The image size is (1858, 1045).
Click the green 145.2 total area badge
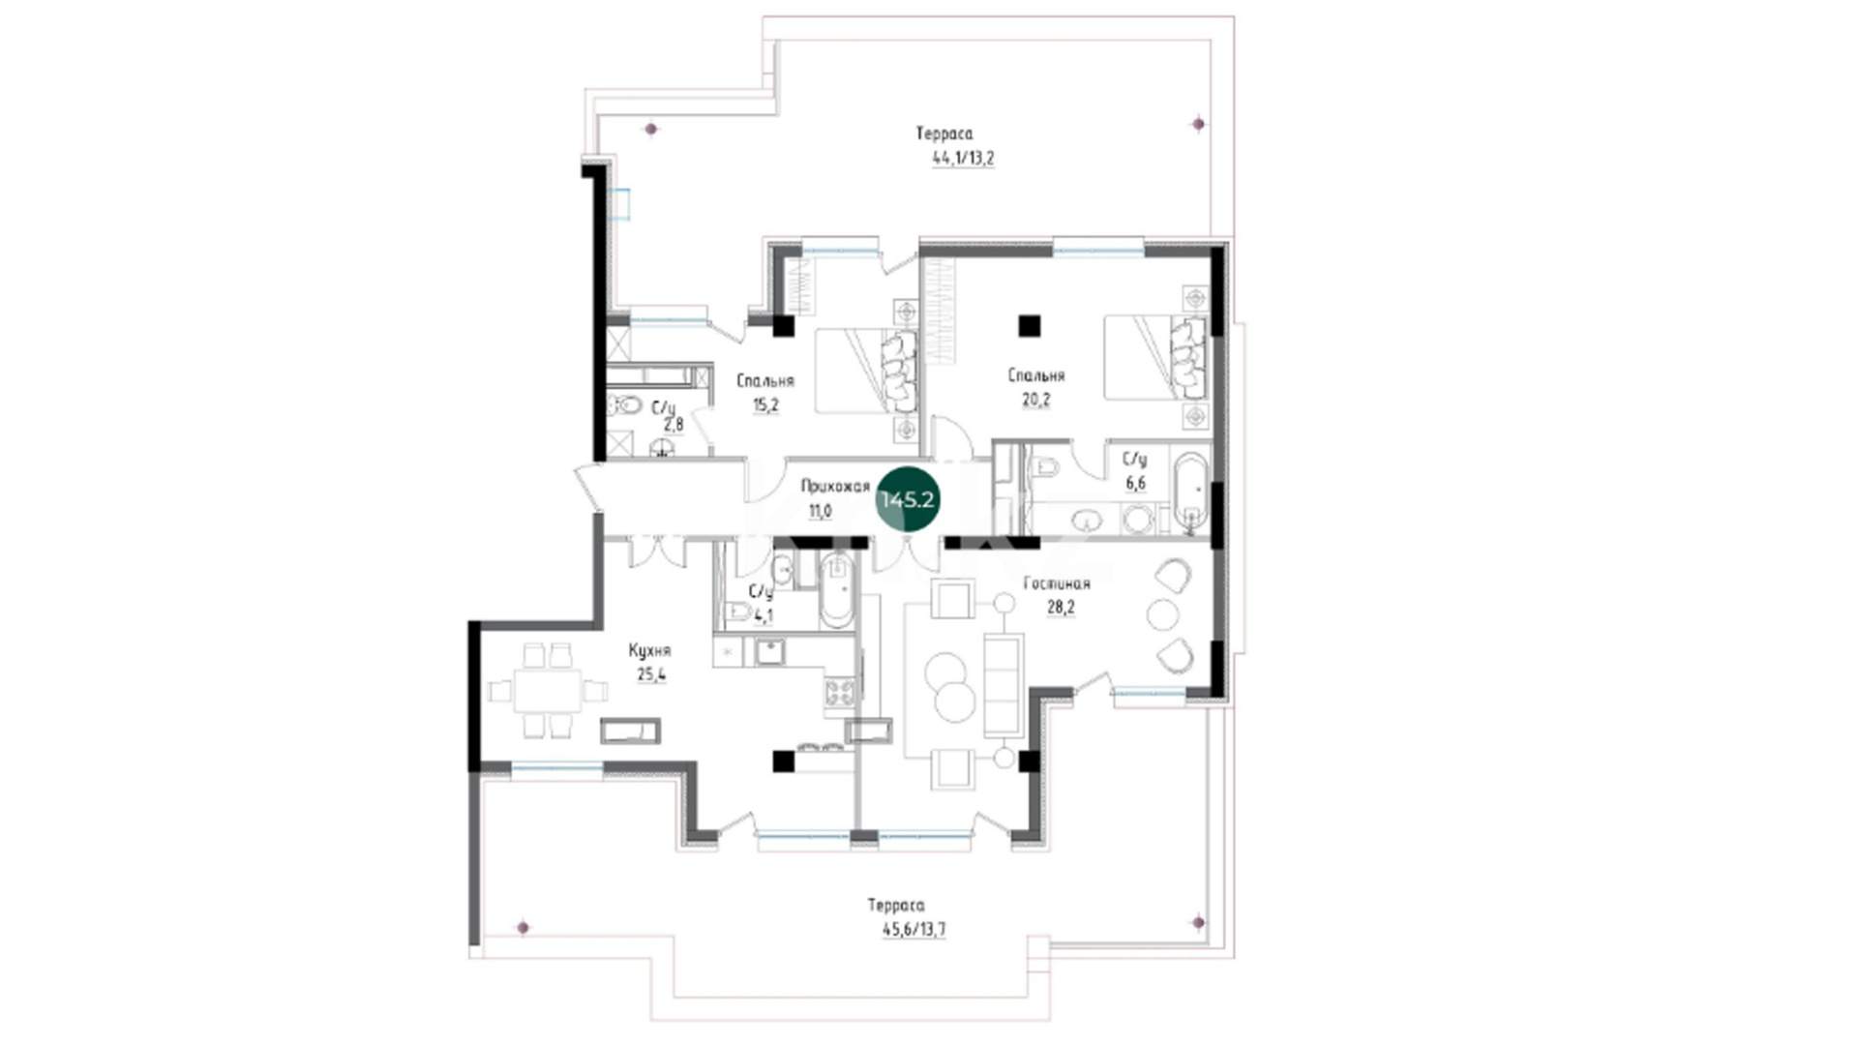coord(907,499)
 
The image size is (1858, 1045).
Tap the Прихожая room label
coord(835,487)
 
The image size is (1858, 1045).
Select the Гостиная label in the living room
coord(1057,583)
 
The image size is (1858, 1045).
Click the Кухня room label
coord(649,651)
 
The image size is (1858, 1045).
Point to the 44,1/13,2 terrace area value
coord(963,159)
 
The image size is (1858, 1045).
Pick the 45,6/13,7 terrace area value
coord(914,931)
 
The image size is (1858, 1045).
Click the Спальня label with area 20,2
coord(1035,375)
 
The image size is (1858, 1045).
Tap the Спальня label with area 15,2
coord(764,381)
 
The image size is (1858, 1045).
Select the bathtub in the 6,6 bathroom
coord(1191,493)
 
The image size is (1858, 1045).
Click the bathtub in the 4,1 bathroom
coord(836,590)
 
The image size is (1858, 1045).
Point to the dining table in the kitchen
coord(548,691)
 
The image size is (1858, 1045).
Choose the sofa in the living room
coord(1004,684)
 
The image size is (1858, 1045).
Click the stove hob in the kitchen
coord(839,691)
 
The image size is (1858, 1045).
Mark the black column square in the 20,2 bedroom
coord(1029,326)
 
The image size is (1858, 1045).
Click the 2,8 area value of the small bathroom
coord(674,424)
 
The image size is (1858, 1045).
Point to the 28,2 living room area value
coord(1061,608)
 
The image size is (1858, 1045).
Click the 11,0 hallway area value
coord(820,511)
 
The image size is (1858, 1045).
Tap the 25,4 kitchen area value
coord(651,675)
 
